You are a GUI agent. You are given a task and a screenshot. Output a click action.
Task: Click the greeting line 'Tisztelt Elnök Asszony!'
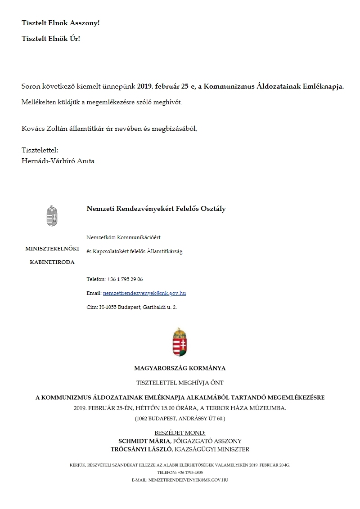tap(60, 22)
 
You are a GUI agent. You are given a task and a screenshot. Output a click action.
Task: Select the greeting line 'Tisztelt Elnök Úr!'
tap(51, 39)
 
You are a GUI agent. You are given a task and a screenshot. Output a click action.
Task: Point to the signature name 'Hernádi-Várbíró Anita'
tap(58, 161)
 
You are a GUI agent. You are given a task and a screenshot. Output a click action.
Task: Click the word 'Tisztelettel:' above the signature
tap(40, 150)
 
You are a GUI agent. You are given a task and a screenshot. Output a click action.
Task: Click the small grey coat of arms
tap(53, 216)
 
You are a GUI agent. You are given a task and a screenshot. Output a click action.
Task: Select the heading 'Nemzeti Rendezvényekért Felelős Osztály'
tap(156, 209)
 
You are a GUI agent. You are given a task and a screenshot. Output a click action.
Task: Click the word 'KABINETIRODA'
tap(53, 262)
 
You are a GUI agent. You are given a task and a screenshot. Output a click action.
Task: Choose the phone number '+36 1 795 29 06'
tap(125, 279)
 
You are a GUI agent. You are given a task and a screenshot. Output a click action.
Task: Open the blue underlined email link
tap(144, 293)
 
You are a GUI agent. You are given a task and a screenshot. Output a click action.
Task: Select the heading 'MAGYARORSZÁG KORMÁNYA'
tap(180, 368)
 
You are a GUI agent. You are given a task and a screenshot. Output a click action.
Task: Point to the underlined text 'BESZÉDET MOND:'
tap(180, 433)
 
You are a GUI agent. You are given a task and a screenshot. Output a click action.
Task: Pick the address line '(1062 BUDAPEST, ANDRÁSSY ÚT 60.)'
tap(180, 419)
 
